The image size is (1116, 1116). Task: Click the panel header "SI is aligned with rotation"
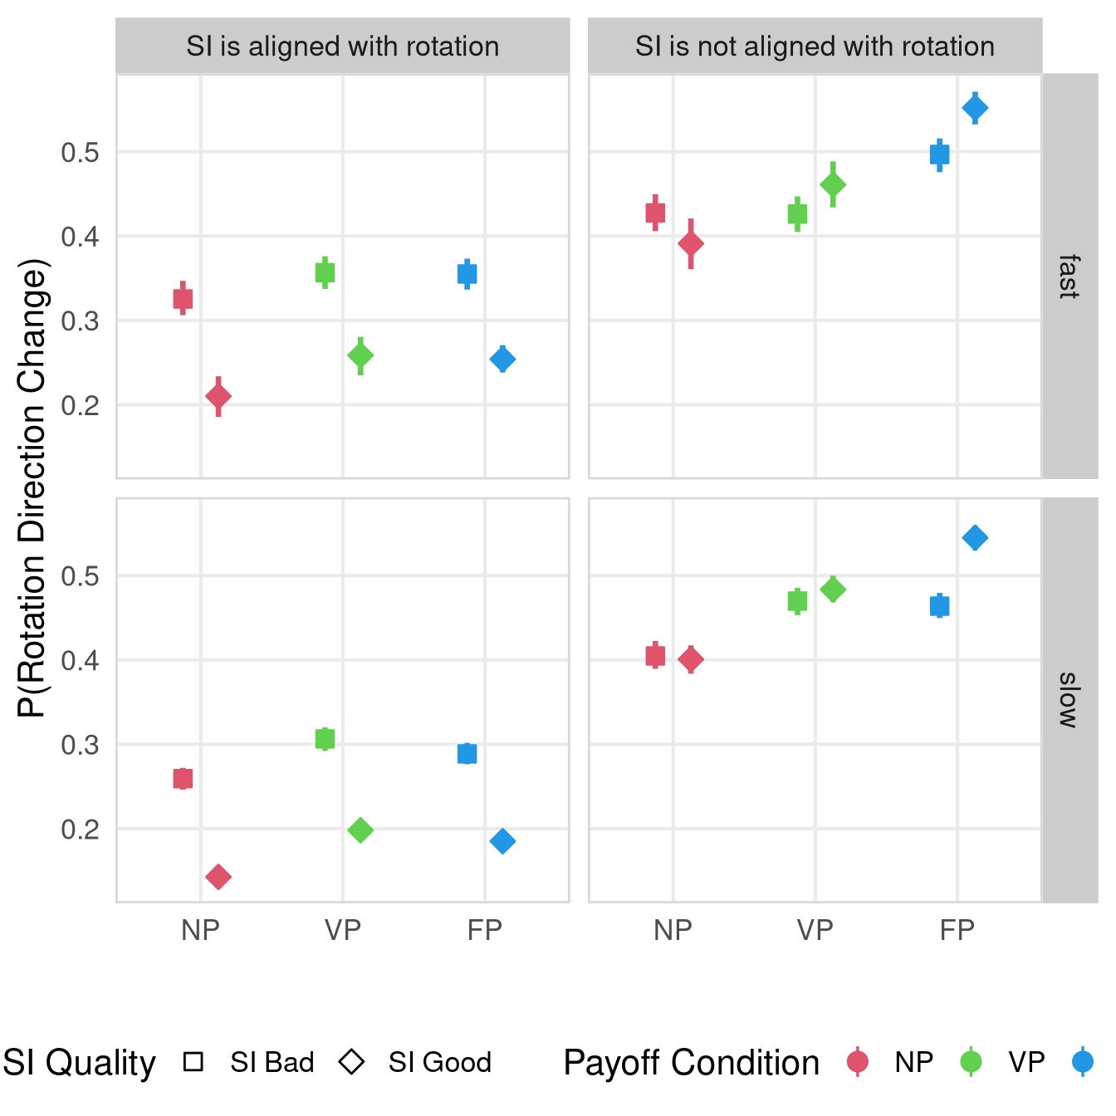(x=342, y=46)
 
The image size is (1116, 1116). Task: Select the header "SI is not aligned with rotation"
(x=815, y=46)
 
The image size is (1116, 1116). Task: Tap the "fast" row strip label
(x=1069, y=277)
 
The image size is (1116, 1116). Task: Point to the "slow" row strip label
(x=1069, y=700)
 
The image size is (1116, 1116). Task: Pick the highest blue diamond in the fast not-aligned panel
(x=975, y=108)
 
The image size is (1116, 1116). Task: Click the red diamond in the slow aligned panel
(x=218, y=877)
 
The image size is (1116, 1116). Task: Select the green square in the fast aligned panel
(x=325, y=273)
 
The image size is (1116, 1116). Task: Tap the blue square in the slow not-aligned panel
(x=939, y=606)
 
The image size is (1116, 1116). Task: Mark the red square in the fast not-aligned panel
(x=655, y=213)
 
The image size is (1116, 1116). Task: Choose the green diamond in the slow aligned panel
(x=360, y=830)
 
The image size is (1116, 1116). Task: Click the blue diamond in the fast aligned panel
(x=502, y=360)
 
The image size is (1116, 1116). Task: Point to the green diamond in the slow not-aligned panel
(x=833, y=590)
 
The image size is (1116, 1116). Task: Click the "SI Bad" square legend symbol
(x=193, y=1062)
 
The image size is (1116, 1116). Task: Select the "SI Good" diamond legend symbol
(x=352, y=1062)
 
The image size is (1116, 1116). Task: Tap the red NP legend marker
(x=858, y=1062)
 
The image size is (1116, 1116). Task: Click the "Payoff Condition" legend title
(x=691, y=1063)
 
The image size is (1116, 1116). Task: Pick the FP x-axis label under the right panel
(x=957, y=931)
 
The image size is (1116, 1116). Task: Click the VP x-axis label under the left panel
(x=342, y=931)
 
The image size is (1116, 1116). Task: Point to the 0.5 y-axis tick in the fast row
(x=80, y=153)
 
